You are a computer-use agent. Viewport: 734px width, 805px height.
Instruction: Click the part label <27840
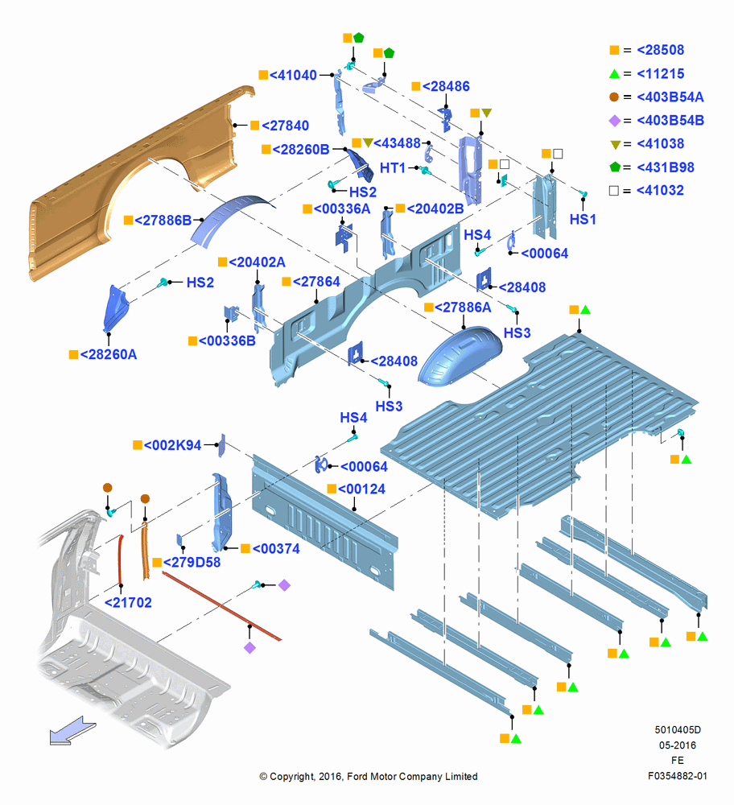(x=286, y=126)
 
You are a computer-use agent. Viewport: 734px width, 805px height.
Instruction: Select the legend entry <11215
(x=660, y=74)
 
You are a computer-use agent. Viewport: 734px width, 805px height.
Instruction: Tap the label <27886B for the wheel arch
(x=163, y=221)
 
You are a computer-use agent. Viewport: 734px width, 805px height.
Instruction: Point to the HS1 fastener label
(x=583, y=220)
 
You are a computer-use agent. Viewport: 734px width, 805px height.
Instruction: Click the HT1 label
(x=393, y=168)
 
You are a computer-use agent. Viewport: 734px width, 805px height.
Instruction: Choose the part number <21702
(x=128, y=603)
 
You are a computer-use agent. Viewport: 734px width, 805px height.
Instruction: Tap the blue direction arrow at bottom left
(x=72, y=731)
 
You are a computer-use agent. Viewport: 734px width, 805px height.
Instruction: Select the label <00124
(x=361, y=489)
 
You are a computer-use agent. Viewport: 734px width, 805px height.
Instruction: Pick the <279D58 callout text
(x=192, y=563)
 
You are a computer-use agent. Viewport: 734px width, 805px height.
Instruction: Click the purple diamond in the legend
(x=614, y=121)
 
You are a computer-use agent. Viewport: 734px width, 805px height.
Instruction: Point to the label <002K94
(x=172, y=445)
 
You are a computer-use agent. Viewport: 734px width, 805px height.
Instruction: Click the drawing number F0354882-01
(x=677, y=776)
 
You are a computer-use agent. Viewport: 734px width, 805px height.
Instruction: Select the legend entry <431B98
(x=666, y=167)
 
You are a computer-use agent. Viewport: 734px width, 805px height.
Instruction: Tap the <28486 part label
(x=446, y=86)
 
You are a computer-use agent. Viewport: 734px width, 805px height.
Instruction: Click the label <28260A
(x=109, y=355)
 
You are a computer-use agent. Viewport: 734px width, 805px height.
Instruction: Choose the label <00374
(x=276, y=549)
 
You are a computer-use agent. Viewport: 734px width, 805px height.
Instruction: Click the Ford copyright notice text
(x=369, y=776)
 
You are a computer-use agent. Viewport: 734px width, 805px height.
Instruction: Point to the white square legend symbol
(x=614, y=191)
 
